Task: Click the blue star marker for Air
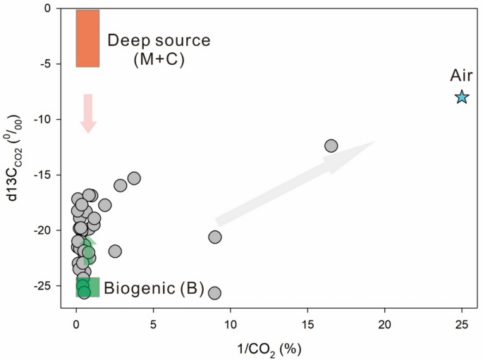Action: [x=462, y=97]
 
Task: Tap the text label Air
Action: [x=462, y=76]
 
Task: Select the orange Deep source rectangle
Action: [x=87, y=38]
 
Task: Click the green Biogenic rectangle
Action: [x=88, y=287]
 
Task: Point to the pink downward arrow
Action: [x=88, y=113]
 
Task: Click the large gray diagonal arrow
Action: [x=295, y=182]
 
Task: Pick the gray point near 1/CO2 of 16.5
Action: [x=331, y=146]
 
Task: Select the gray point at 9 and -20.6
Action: [x=215, y=237]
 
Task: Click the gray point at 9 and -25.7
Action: [x=215, y=293]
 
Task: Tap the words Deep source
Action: [x=159, y=40]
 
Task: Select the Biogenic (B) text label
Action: [x=154, y=287]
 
